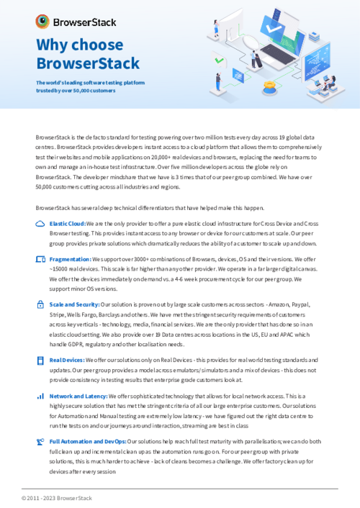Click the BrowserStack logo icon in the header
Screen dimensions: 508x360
coord(43,21)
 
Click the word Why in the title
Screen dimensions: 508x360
coord(54,45)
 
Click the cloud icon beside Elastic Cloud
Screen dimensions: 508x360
coord(40,224)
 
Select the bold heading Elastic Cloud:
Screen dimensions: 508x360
coord(68,224)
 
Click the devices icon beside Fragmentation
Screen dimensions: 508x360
coord(40,258)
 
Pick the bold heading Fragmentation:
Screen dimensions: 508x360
coord(70,258)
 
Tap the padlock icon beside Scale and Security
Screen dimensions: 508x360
coord(40,304)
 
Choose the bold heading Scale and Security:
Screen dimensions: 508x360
coord(76,304)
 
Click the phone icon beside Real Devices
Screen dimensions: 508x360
coord(40,359)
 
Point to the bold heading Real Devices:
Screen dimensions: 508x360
coord(67,359)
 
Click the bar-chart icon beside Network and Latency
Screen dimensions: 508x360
coord(40,396)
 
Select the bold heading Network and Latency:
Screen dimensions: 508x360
coord(78,396)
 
